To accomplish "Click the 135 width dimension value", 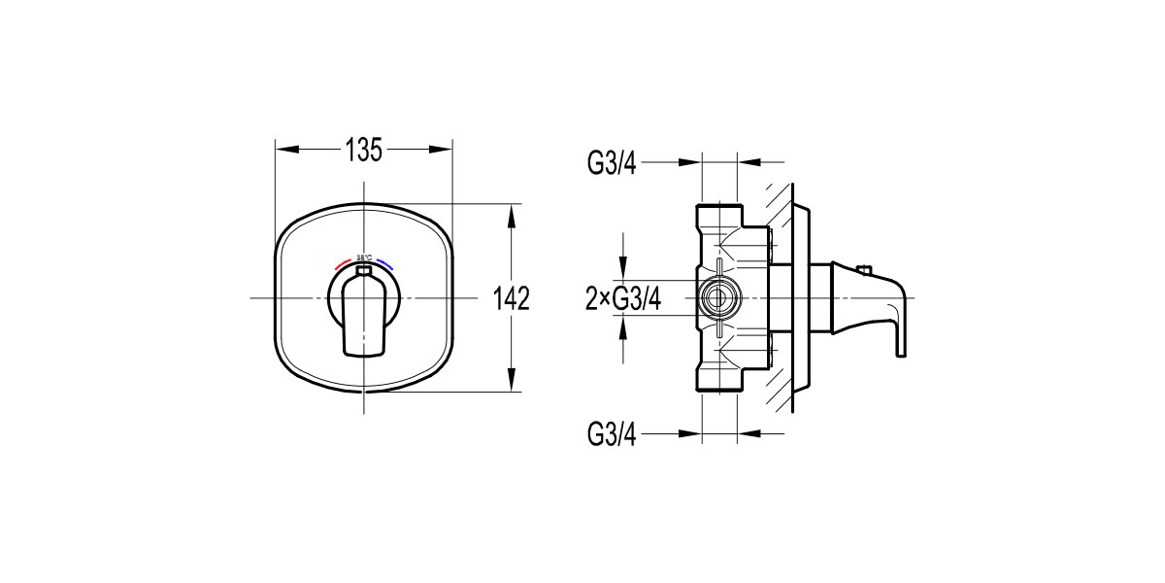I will click(x=364, y=150).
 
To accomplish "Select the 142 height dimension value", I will click(x=511, y=298).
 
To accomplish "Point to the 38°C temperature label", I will click(x=364, y=257).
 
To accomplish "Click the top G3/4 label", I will click(x=612, y=163).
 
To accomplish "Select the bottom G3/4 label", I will click(x=612, y=434).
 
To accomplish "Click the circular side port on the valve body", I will click(x=719, y=298).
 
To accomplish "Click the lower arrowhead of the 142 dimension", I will click(x=511, y=382).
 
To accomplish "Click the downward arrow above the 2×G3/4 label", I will click(x=622, y=267).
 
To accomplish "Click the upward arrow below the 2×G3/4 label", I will click(x=622, y=329).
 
